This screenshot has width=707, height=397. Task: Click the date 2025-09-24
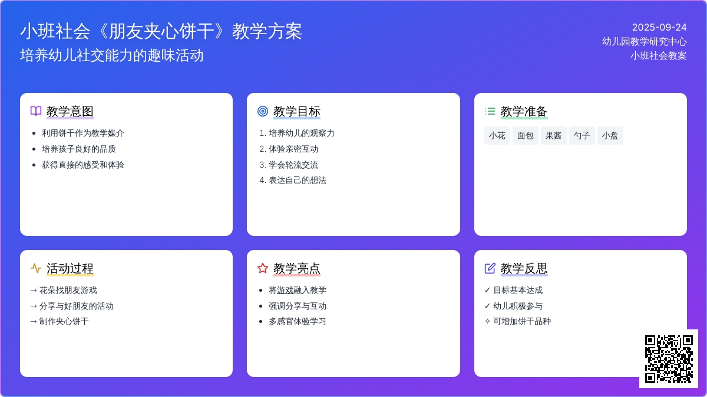(659, 28)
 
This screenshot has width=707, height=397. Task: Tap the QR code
(669, 359)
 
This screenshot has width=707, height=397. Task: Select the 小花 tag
(497, 135)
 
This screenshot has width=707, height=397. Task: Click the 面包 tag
(525, 135)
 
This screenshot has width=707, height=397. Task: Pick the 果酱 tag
(554, 135)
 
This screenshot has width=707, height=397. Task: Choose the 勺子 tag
(582, 135)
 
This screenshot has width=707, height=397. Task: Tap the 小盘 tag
(610, 135)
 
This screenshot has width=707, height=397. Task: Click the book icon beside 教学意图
(36, 111)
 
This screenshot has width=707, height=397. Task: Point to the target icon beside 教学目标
(263, 111)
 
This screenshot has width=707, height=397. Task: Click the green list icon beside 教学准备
(490, 111)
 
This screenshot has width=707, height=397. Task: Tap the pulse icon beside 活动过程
(36, 268)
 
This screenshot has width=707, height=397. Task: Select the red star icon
(263, 268)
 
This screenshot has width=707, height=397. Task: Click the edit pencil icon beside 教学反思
(490, 268)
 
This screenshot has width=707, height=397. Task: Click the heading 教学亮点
(297, 268)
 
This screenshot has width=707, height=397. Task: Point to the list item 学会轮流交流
(293, 165)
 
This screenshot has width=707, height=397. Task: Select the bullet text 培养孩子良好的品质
(78, 149)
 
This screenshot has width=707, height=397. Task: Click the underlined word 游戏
(285, 290)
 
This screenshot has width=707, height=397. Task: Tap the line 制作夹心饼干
(60, 321)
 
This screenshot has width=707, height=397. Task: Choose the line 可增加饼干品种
(518, 321)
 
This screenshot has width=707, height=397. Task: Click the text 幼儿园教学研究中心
(644, 41)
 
